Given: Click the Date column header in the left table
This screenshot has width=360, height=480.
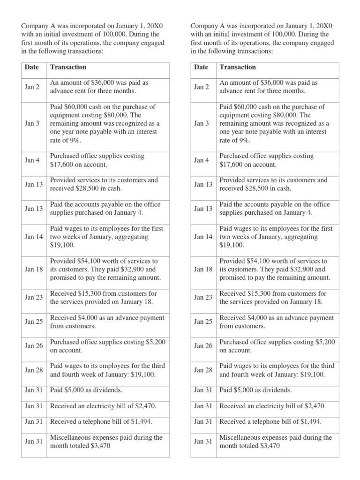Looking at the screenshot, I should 32,67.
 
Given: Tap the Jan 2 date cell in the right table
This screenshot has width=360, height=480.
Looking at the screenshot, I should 202,87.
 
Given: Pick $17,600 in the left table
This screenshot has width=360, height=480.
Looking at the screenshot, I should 62,165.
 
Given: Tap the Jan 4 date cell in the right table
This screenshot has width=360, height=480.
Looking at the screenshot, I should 202,160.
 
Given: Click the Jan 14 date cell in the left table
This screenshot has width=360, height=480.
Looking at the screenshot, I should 34,237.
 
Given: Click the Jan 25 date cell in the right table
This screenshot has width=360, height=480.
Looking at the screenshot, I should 203,322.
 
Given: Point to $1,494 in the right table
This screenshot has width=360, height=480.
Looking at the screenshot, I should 308,422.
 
